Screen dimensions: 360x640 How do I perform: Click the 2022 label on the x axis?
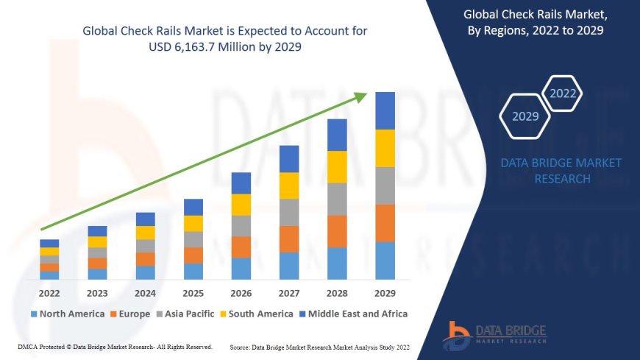(49, 294)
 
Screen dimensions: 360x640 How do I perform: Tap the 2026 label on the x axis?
(241, 294)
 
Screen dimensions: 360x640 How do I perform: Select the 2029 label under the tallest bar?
(385, 294)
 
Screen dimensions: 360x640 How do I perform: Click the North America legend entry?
(68, 314)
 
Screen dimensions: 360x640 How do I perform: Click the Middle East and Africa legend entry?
(355, 314)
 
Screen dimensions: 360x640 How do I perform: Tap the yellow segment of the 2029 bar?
(385, 148)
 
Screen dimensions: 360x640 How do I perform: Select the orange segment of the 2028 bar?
(337, 231)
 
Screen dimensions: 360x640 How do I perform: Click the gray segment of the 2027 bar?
(289, 212)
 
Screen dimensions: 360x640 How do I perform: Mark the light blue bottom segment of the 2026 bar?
(241, 268)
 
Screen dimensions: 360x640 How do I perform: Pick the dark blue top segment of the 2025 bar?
(193, 207)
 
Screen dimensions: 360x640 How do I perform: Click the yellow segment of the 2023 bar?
(97, 241)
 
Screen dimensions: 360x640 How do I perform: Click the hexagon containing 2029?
(525, 116)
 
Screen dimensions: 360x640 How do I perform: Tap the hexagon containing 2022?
(563, 93)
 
